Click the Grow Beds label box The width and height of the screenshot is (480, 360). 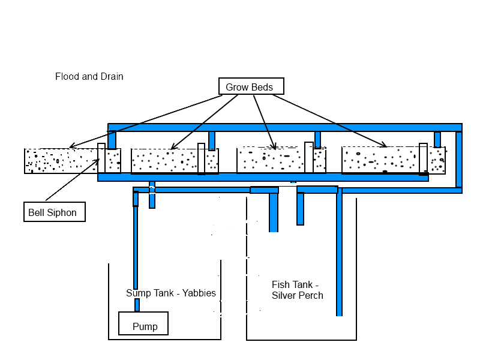click(x=251, y=87)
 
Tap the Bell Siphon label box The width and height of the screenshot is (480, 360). click(x=54, y=212)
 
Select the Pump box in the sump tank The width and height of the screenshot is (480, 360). click(x=143, y=323)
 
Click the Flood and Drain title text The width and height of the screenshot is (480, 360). click(x=89, y=76)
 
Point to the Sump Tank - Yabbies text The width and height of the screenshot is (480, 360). click(x=171, y=293)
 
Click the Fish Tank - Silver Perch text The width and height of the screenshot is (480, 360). click(x=297, y=290)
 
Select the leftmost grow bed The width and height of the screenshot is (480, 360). click(x=60, y=161)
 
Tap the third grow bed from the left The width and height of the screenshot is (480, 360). click(x=273, y=161)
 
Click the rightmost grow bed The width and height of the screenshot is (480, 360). click(x=381, y=161)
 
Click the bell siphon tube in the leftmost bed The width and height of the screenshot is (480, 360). click(x=101, y=158)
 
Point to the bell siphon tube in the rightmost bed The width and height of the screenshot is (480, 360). click(x=423, y=159)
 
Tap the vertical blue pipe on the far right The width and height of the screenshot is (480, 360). click(x=459, y=159)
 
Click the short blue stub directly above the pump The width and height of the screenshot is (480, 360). click(x=137, y=305)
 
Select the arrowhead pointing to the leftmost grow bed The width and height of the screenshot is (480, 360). click(x=71, y=146)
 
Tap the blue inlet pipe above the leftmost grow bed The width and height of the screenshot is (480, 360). click(x=112, y=140)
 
